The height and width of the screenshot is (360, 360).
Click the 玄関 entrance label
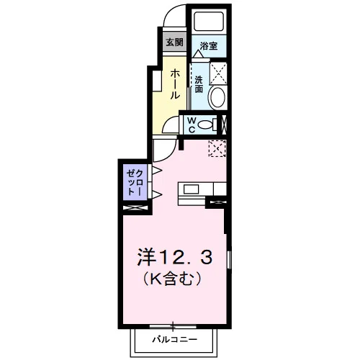click(x=174, y=42)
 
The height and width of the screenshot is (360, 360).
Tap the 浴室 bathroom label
click(x=209, y=46)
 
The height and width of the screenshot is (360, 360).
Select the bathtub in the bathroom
click(x=209, y=22)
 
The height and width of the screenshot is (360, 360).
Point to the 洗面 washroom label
click(x=199, y=84)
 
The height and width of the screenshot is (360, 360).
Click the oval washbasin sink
click(x=217, y=97)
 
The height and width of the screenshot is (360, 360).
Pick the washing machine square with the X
click(x=218, y=73)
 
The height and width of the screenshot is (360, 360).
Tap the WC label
click(x=192, y=125)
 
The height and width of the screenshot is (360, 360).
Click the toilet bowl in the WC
click(x=204, y=125)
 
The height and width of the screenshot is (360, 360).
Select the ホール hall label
click(x=175, y=84)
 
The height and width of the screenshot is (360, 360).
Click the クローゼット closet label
click(x=135, y=182)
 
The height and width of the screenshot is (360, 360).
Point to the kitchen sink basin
click(x=191, y=189)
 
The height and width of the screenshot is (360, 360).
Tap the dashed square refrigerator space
click(x=217, y=148)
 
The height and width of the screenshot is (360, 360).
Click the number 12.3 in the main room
click(x=184, y=257)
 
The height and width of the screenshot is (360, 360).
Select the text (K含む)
click(x=172, y=279)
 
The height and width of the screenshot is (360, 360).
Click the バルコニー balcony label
click(x=175, y=340)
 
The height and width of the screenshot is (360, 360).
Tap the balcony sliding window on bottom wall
click(x=173, y=326)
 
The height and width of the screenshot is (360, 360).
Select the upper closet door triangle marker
click(x=157, y=171)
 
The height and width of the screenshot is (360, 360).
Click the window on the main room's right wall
click(x=229, y=260)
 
